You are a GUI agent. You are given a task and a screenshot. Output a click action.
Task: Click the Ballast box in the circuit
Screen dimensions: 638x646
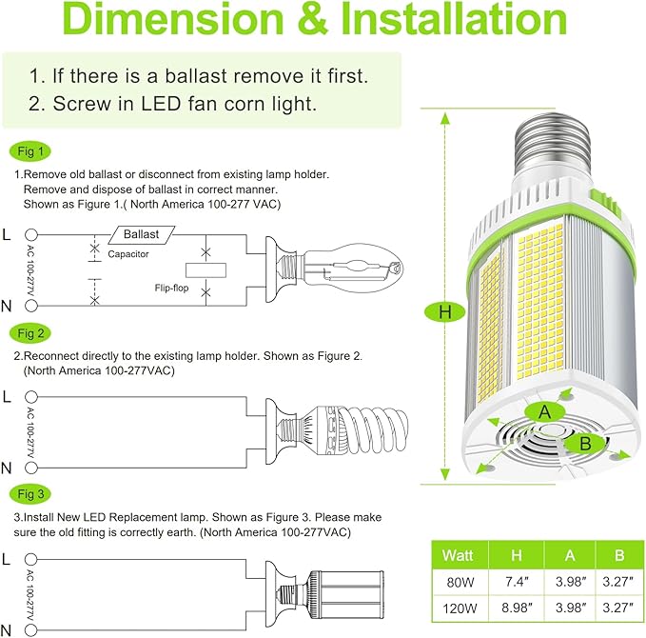[x=141, y=233]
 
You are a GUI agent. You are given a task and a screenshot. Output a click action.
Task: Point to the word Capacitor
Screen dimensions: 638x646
[x=127, y=254]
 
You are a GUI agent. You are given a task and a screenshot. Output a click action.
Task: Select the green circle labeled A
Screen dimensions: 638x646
[x=544, y=411]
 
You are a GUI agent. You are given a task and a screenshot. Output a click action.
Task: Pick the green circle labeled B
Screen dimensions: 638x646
[x=585, y=443]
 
